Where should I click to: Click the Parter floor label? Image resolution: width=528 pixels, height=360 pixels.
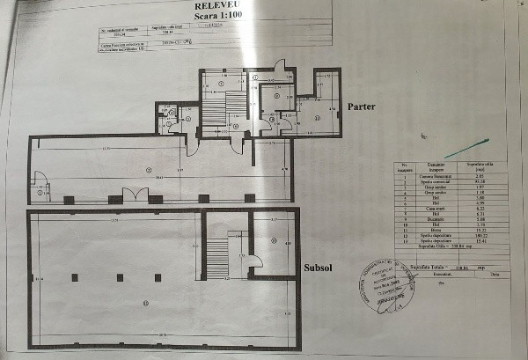361,107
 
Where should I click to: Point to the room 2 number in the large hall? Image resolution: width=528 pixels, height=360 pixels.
149,170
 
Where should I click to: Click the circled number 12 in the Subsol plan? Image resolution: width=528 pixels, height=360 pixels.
274,240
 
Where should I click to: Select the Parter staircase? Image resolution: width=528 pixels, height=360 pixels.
215,110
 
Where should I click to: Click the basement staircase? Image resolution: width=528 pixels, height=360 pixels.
216,256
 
